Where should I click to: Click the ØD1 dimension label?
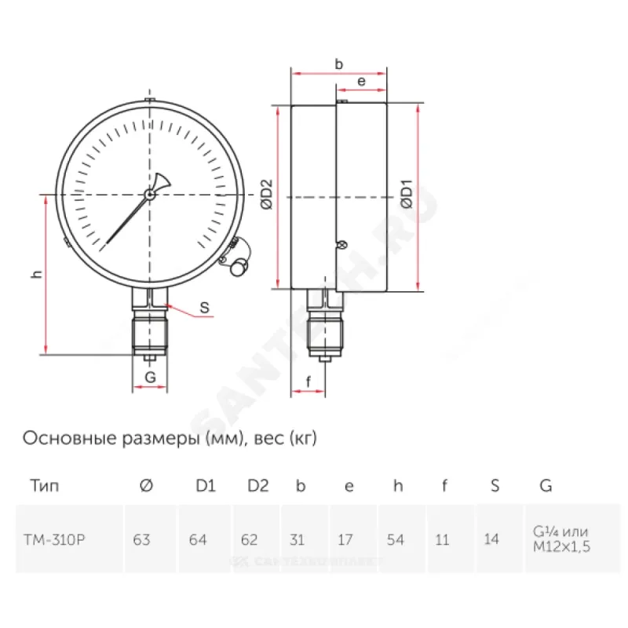tap(407, 194)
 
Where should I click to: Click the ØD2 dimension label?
tap(266, 194)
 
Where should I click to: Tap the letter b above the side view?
tap(339, 64)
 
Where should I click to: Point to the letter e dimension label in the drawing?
tap(361, 82)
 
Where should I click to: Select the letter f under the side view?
tap(308, 382)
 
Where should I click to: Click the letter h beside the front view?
tap(37, 274)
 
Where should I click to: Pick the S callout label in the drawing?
tap(204, 308)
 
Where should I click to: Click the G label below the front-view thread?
tap(150, 377)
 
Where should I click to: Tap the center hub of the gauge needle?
tap(150, 195)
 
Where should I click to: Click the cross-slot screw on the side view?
tap(341, 245)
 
